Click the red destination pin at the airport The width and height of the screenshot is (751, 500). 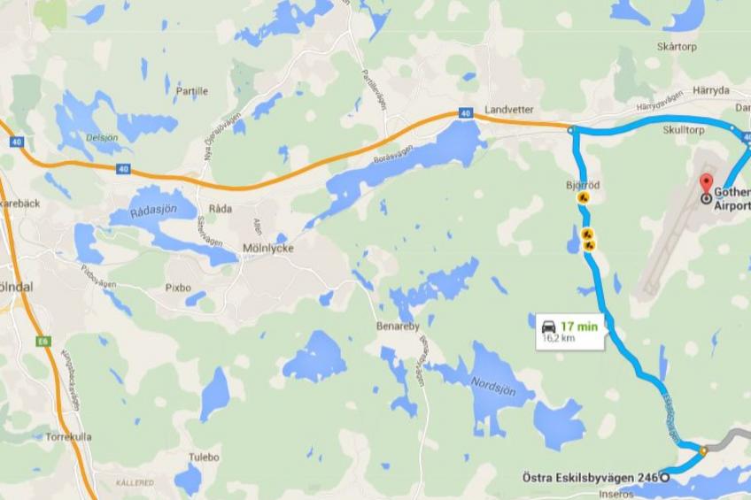(x=706, y=184)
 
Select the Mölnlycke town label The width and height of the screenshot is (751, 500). (x=267, y=249)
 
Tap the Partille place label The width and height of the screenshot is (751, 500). (x=192, y=90)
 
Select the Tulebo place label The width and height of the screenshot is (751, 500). (x=203, y=457)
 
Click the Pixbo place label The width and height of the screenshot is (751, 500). (x=178, y=288)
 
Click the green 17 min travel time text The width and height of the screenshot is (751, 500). (x=579, y=325)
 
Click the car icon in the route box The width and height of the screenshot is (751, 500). (x=548, y=325)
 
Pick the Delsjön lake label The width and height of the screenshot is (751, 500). (x=102, y=138)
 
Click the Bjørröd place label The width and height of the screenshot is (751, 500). (x=583, y=185)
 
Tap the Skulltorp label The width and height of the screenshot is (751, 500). (x=683, y=130)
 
